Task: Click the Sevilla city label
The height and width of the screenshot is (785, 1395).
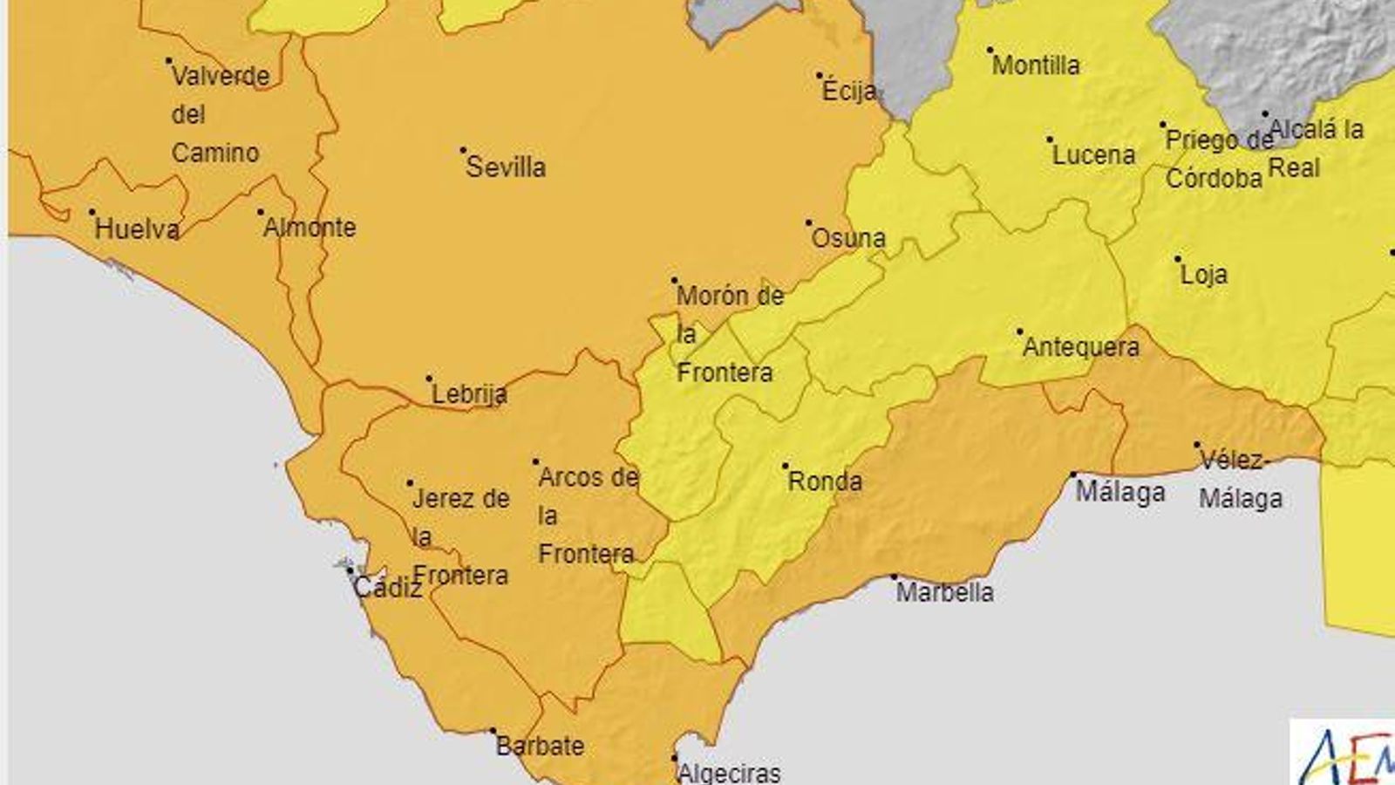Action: pos(506,167)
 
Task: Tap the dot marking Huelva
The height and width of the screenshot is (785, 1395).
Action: pos(92,212)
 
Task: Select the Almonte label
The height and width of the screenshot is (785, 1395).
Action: pos(310,228)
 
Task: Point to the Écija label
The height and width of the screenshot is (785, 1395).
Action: pos(849,91)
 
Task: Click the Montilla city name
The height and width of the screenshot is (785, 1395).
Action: pos(1036,65)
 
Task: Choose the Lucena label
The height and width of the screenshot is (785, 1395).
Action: pos(1093,155)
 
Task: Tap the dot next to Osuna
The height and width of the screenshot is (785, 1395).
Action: pos(809,222)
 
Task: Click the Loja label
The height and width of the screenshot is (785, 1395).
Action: pos(1203,275)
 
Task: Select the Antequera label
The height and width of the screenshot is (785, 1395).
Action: pos(1080,347)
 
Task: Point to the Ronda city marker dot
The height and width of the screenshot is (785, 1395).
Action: pos(786,466)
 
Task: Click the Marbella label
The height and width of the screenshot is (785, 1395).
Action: pos(944,592)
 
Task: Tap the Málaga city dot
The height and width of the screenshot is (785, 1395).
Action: pos(1074,475)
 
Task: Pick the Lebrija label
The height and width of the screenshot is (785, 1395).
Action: pos(469,394)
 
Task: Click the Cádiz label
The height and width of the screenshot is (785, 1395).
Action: pos(387,588)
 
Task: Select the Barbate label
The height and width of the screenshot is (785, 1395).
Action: pos(540,746)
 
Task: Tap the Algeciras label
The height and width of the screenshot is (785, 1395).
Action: pos(729,773)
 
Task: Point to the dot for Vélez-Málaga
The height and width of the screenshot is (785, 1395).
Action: pos(1198,445)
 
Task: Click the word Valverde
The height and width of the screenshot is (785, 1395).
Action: pos(221,77)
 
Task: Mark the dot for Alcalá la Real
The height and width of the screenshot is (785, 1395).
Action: pos(1265,113)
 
